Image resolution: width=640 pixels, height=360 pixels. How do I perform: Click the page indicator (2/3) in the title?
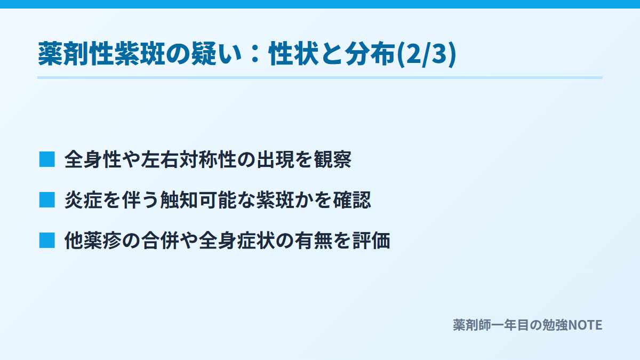coord(427,54)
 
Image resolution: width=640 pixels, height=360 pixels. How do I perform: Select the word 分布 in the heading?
coord(371,54)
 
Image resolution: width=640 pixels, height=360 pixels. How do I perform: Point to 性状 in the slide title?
coord(294,54)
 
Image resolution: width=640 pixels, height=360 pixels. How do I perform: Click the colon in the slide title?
coord(255,54)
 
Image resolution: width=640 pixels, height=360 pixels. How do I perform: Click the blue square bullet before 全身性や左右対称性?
coord(47,159)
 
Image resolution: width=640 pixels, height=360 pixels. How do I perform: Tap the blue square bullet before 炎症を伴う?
coord(47,199)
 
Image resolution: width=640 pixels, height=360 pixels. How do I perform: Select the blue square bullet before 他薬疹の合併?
coord(47,241)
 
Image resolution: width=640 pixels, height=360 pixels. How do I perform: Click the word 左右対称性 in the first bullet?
coord(189,159)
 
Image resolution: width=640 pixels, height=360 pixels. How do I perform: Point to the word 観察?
coord(333,159)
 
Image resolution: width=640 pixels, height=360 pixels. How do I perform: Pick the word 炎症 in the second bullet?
coord(83,199)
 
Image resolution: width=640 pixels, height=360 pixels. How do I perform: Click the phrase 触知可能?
coord(198,199)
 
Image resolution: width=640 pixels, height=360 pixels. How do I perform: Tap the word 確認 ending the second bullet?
coord(351,199)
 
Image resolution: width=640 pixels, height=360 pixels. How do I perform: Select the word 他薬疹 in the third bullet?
coord(93,241)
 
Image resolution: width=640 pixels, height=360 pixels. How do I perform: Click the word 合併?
coord(160,241)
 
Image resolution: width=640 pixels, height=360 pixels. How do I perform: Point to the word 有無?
coord(314,241)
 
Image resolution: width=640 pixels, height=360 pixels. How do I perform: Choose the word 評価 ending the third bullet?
coord(371,241)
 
